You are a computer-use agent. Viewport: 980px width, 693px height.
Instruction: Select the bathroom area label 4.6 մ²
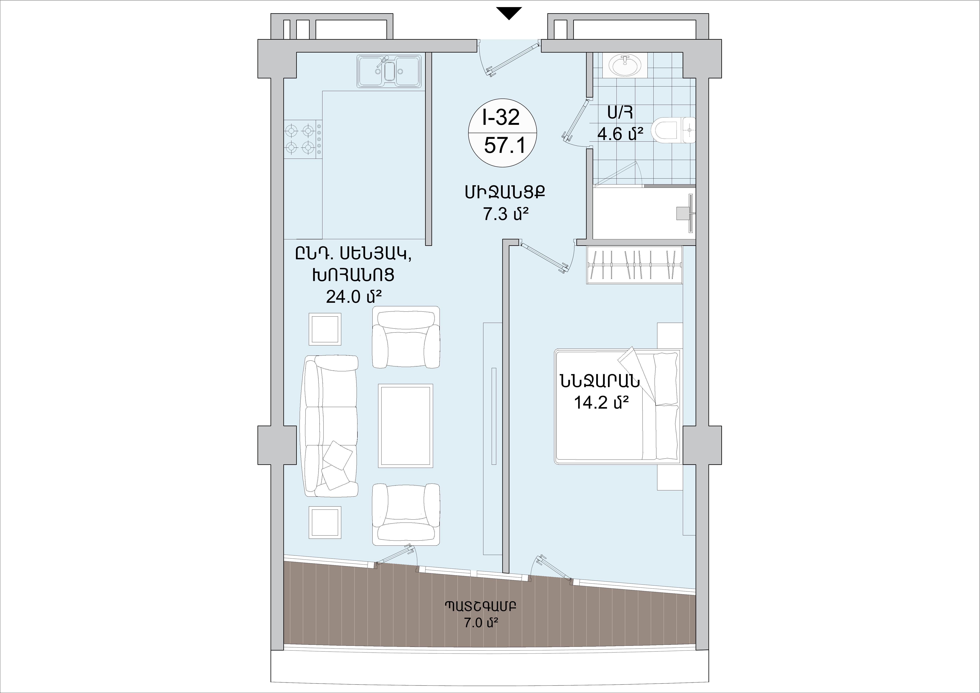click(x=620, y=134)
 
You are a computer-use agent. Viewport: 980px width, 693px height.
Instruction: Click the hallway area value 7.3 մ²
click(x=506, y=214)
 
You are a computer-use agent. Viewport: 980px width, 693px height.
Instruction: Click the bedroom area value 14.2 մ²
click(x=602, y=403)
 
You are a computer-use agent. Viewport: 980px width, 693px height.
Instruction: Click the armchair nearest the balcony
click(x=406, y=514)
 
